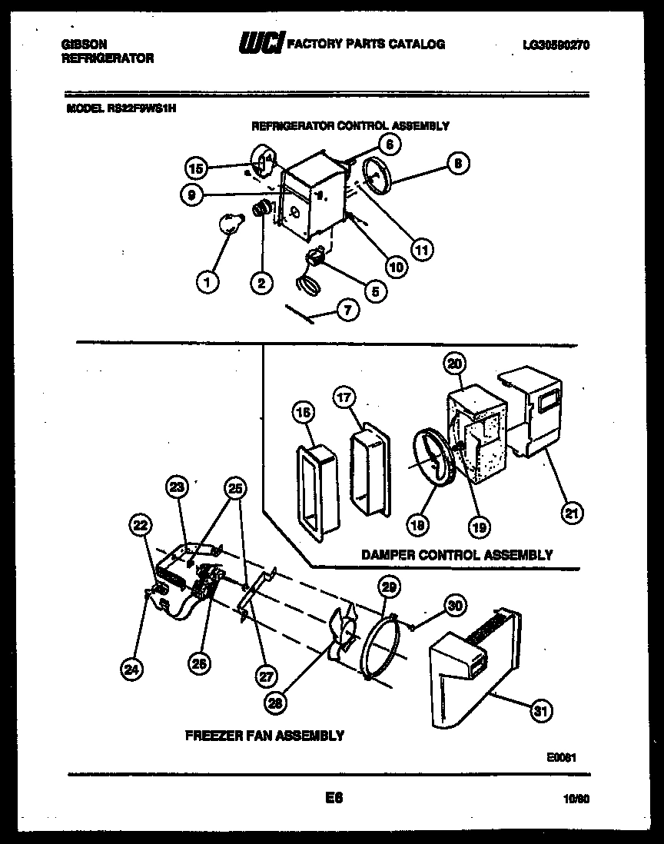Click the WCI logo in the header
(x=261, y=45)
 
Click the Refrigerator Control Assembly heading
(x=350, y=125)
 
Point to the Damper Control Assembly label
(x=456, y=554)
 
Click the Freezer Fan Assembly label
(x=264, y=736)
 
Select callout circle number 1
(x=206, y=282)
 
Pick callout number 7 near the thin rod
(x=347, y=311)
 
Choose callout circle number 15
(x=196, y=168)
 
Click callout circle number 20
(x=455, y=364)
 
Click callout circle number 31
(x=542, y=711)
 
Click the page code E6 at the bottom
(x=334, y=798)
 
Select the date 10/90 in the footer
(x=576, y=799)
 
